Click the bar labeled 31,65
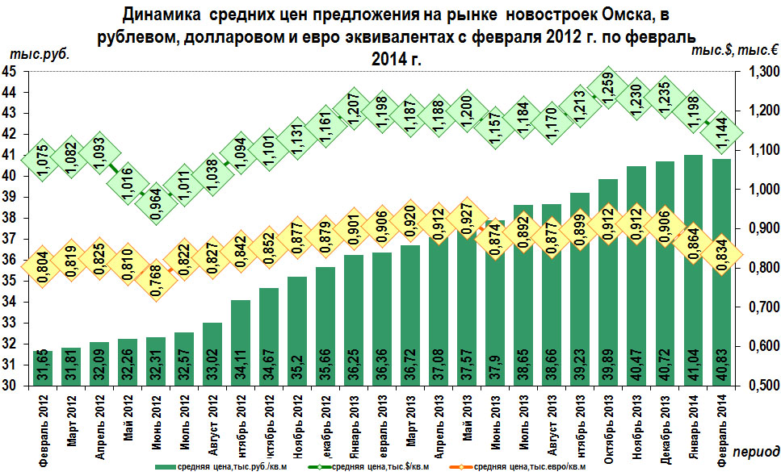point(42,368)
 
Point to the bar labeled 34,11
point(241,343)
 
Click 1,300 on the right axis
point(757,73)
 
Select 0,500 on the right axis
point(757,386)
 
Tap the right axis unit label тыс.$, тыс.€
point(734,50)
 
